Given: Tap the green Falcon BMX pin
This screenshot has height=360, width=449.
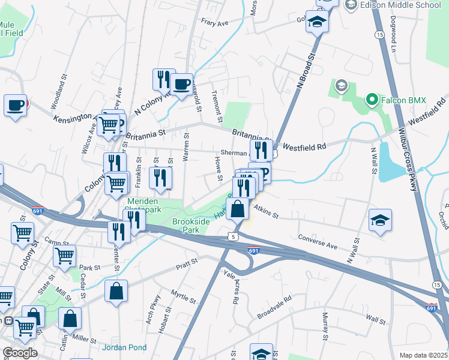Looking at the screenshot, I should coord(372,100).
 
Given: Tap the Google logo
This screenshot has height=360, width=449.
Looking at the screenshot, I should coord(20,353).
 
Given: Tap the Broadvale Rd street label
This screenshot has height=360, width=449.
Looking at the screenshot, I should coord(274,306).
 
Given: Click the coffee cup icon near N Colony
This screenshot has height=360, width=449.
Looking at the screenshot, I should coord(181,84).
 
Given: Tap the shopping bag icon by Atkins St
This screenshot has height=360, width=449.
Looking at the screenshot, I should coord(238,209).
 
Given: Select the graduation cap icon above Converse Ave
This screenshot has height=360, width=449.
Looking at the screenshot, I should coord(380,220).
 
